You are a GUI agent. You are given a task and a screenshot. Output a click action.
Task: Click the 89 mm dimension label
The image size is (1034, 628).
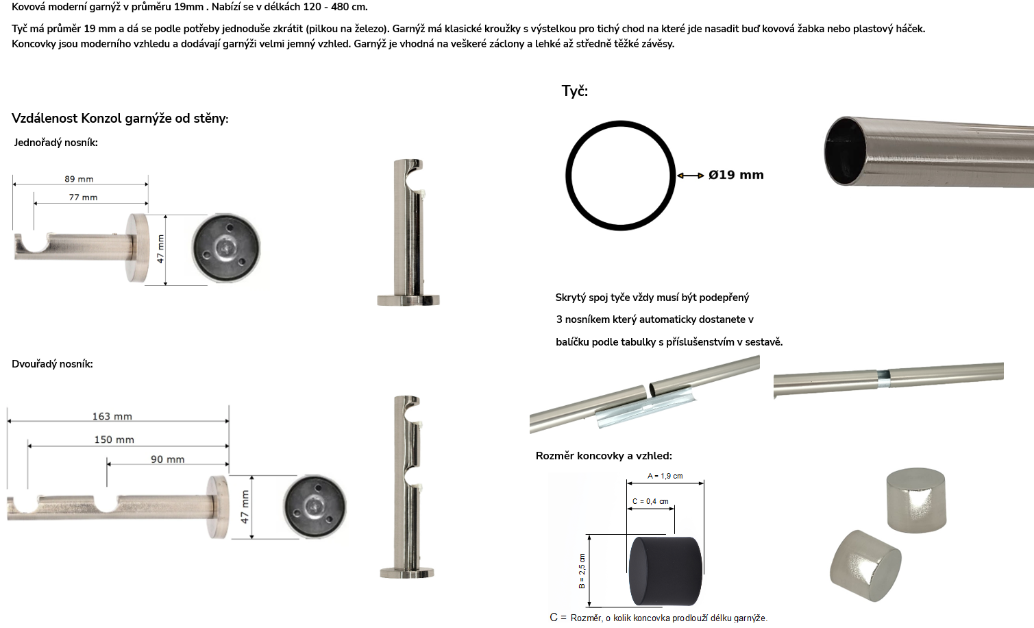(79, 179)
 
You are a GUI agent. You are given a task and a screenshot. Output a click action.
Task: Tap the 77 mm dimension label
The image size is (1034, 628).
(83, 197)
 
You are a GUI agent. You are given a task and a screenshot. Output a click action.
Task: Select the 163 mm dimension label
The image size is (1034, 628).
(112, 417)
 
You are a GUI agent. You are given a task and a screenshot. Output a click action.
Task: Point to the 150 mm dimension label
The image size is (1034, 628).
(114, 439)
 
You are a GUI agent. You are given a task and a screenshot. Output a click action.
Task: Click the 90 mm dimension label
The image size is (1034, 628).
(168, 459)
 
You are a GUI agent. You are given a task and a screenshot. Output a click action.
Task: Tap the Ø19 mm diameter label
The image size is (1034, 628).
(736, 175)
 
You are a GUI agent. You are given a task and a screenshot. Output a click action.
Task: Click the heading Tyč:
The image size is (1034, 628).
(575, 91)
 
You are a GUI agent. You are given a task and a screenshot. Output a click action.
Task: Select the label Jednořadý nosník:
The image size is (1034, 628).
(56, 143)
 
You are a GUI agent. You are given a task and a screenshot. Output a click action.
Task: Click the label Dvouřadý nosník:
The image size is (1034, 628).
(52, 364)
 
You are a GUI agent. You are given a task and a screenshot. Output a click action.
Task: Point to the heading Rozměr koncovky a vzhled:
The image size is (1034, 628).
(604, 456)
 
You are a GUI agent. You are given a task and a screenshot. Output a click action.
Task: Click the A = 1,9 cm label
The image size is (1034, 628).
(665, 476)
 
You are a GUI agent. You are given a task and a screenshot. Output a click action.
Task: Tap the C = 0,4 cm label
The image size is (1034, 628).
(650, 501)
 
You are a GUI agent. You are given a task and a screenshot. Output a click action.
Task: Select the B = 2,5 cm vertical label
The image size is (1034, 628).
(582, 570)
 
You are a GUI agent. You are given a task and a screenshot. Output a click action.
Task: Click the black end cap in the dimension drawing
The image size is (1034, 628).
(665, 570)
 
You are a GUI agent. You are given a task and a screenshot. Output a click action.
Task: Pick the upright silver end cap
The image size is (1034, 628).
(916, 500)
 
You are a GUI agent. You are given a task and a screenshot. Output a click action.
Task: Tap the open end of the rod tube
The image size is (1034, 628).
(846, 151)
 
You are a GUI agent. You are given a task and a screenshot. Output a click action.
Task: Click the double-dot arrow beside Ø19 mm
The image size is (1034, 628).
(691, 176)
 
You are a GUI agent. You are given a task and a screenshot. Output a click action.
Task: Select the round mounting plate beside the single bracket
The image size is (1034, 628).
(225, 248)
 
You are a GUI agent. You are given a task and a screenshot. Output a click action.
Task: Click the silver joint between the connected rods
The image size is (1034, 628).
(883, 375)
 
